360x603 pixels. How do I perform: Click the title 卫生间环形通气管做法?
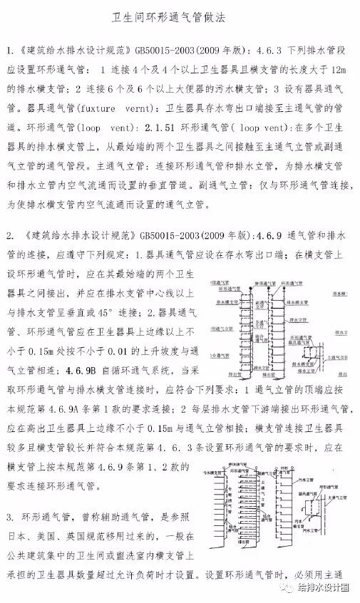(x=180, y=16)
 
